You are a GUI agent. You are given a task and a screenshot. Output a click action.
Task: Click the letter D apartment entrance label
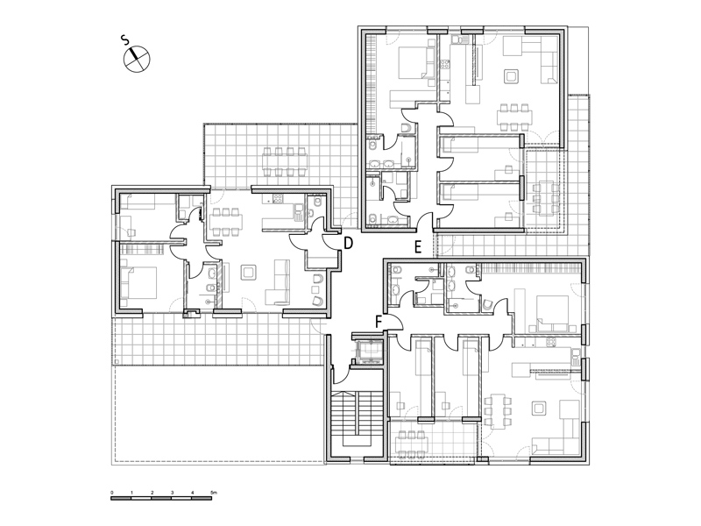348,244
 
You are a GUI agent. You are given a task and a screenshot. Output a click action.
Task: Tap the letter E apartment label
418,247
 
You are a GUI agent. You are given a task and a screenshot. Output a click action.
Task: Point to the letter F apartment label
379,322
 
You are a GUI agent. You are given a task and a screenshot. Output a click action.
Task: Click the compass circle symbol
137,59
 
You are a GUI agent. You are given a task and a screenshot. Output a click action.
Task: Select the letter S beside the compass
125,40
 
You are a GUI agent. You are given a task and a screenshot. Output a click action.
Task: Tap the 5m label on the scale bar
214,493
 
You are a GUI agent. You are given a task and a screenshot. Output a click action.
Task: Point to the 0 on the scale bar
112,493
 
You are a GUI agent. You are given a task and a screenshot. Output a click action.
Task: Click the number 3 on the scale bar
172,493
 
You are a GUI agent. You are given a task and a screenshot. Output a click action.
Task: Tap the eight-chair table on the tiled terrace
285,161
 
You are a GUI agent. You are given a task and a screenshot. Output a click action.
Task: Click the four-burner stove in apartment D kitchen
278,199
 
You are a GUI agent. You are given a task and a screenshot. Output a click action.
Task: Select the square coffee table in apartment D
248,273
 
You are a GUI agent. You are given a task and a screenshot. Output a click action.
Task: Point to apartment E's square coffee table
511,76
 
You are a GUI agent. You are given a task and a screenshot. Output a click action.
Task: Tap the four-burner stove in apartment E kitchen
445,65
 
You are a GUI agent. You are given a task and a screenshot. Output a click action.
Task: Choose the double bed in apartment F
555,313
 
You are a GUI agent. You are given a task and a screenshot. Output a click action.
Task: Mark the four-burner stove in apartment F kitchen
551,343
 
